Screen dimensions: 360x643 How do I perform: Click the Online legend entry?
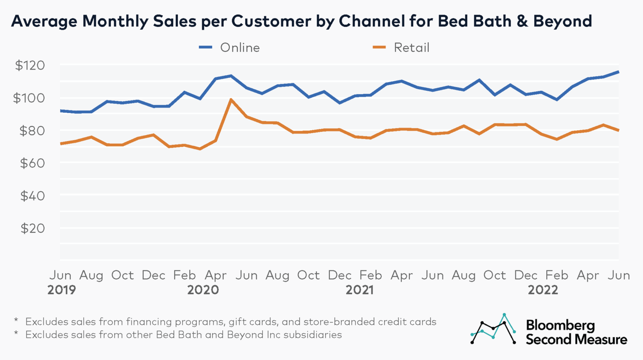[x=230, y=48]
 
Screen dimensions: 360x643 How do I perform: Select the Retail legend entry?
[x=401, y=48]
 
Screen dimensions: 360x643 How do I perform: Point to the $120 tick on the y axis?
[x=30, y=65]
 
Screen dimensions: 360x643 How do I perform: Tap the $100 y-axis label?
[x=29, y=98]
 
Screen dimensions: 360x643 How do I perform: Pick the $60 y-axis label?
[x=32, y=163]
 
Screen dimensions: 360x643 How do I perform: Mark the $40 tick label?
[x=32, y=195]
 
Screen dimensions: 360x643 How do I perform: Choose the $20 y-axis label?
[x=32, y=228]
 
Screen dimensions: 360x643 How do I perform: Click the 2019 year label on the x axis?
[x=62, y=290]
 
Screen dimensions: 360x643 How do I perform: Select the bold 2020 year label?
[x=203, y=290]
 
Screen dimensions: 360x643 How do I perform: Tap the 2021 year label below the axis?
[x=359, y=290]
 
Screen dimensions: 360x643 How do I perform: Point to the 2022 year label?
[x=543, y=290]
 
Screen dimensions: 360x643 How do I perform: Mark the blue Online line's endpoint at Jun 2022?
[x=618, y=72]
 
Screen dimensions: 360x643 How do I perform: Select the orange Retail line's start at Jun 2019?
[x=61, y=144]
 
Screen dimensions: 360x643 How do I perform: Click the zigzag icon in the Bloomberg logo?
[x=493, y=329]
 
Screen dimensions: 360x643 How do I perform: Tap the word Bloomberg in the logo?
[x=560, y=325]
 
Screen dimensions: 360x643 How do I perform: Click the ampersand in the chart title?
[x=522, y=21]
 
